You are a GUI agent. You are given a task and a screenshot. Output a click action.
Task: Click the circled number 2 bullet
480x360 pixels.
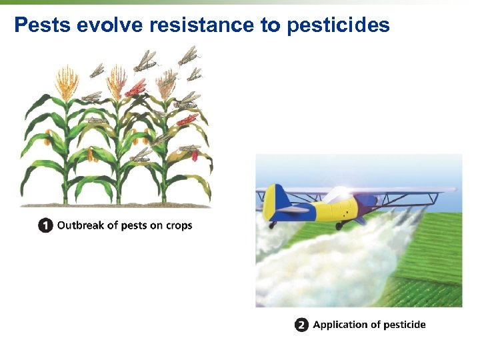coord(301,325)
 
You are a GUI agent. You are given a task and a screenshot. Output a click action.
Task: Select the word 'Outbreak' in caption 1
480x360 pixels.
coord(80,225)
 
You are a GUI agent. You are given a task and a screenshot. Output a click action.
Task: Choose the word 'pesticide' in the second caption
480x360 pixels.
coord(402,325)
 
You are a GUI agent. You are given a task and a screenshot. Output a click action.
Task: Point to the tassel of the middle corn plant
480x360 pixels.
coord(117,80)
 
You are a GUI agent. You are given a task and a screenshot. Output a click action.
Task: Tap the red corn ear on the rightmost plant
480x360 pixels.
coord(195,155)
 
